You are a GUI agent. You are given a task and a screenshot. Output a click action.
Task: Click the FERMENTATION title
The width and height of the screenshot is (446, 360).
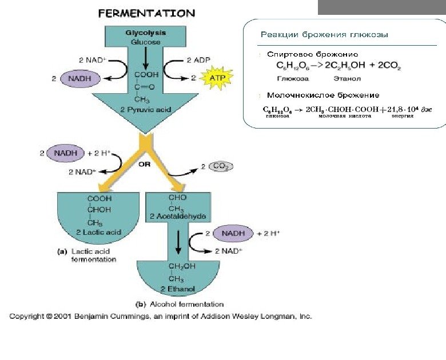pyautogui.click(x=147, y=13)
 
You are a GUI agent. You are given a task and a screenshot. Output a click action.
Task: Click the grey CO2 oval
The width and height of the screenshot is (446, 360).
pyautogui.click(x=221, y=167)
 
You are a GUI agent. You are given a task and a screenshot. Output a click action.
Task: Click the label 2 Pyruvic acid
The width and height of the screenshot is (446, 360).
pyautogui.click(x=146, y=109)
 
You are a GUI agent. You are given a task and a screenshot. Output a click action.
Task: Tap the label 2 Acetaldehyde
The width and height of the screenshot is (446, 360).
pyautogui.click(x=177, y=217)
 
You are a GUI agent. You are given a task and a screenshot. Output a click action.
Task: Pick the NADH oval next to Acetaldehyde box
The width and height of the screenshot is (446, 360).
pyautogui.click(x=233, y=233)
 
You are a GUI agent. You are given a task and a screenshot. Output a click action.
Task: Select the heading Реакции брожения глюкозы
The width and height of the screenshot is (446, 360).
pyautogui.click(x=324, y=35)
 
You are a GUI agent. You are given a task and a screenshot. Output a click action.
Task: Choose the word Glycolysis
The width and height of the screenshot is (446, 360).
pyautogui.click(x=146, y=33)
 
